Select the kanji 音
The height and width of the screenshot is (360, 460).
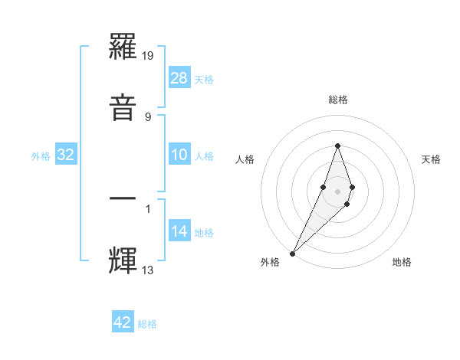pyautogui.click(x=123, y=106)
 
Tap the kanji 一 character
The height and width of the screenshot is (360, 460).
pyautogui.click(x=123, y=198)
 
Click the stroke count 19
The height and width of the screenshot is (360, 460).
pyautogui.click(x=149, y=56)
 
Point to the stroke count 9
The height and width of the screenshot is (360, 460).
pyautogui.click(x=148, y=116)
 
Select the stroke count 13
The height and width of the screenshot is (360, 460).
pyautogui.click(x=148, y=270)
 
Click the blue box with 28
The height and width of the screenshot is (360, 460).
pyautogui.click(x=179, y=78)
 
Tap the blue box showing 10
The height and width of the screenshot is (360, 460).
pyautogui.click(x=179, y=155)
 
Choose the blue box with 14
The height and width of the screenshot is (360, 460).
pyautogui.click(x=179, y=231)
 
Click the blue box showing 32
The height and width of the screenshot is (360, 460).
pyautogui.click(x=66, y=155)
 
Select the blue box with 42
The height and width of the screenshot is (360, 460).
pyautogui.click(x=123, y=322)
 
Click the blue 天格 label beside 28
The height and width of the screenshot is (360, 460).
pyautogui.click(x=204, y=80)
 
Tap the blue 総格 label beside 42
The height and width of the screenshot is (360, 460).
pyautogui.click(x=147, y=324)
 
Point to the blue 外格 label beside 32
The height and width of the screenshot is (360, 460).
pyautogui.click(x=41, y=156)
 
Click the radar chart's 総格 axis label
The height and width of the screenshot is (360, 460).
pyautogui.click(x=337, y=100)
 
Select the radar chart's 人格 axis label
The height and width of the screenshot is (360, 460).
pyautogui.click(x=245, y=159)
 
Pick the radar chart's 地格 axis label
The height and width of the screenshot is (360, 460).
pyautogui.click(x=402, y=262)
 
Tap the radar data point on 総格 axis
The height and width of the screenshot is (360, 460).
pyautogui.click(x=337, y=146)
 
